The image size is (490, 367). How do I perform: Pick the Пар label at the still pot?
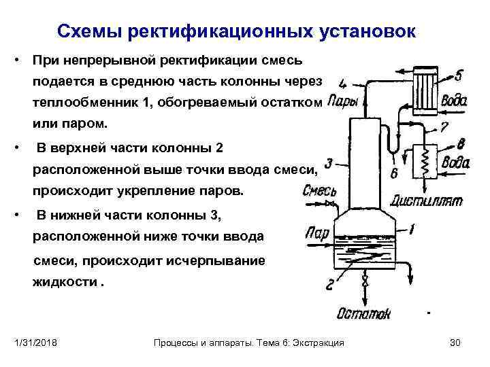click(317, 233)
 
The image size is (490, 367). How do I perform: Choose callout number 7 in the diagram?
click(444, 126)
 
